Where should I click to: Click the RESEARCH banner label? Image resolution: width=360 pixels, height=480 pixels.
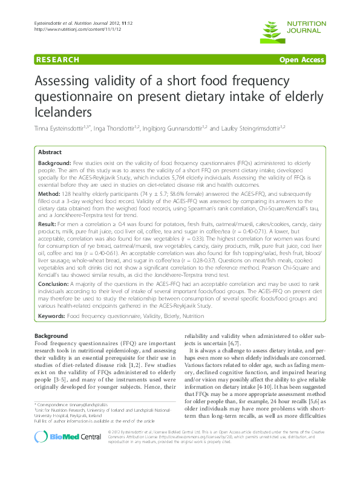58,59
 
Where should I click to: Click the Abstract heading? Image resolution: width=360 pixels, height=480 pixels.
51,152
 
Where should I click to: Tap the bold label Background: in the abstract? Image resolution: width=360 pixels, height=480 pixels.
54,164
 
